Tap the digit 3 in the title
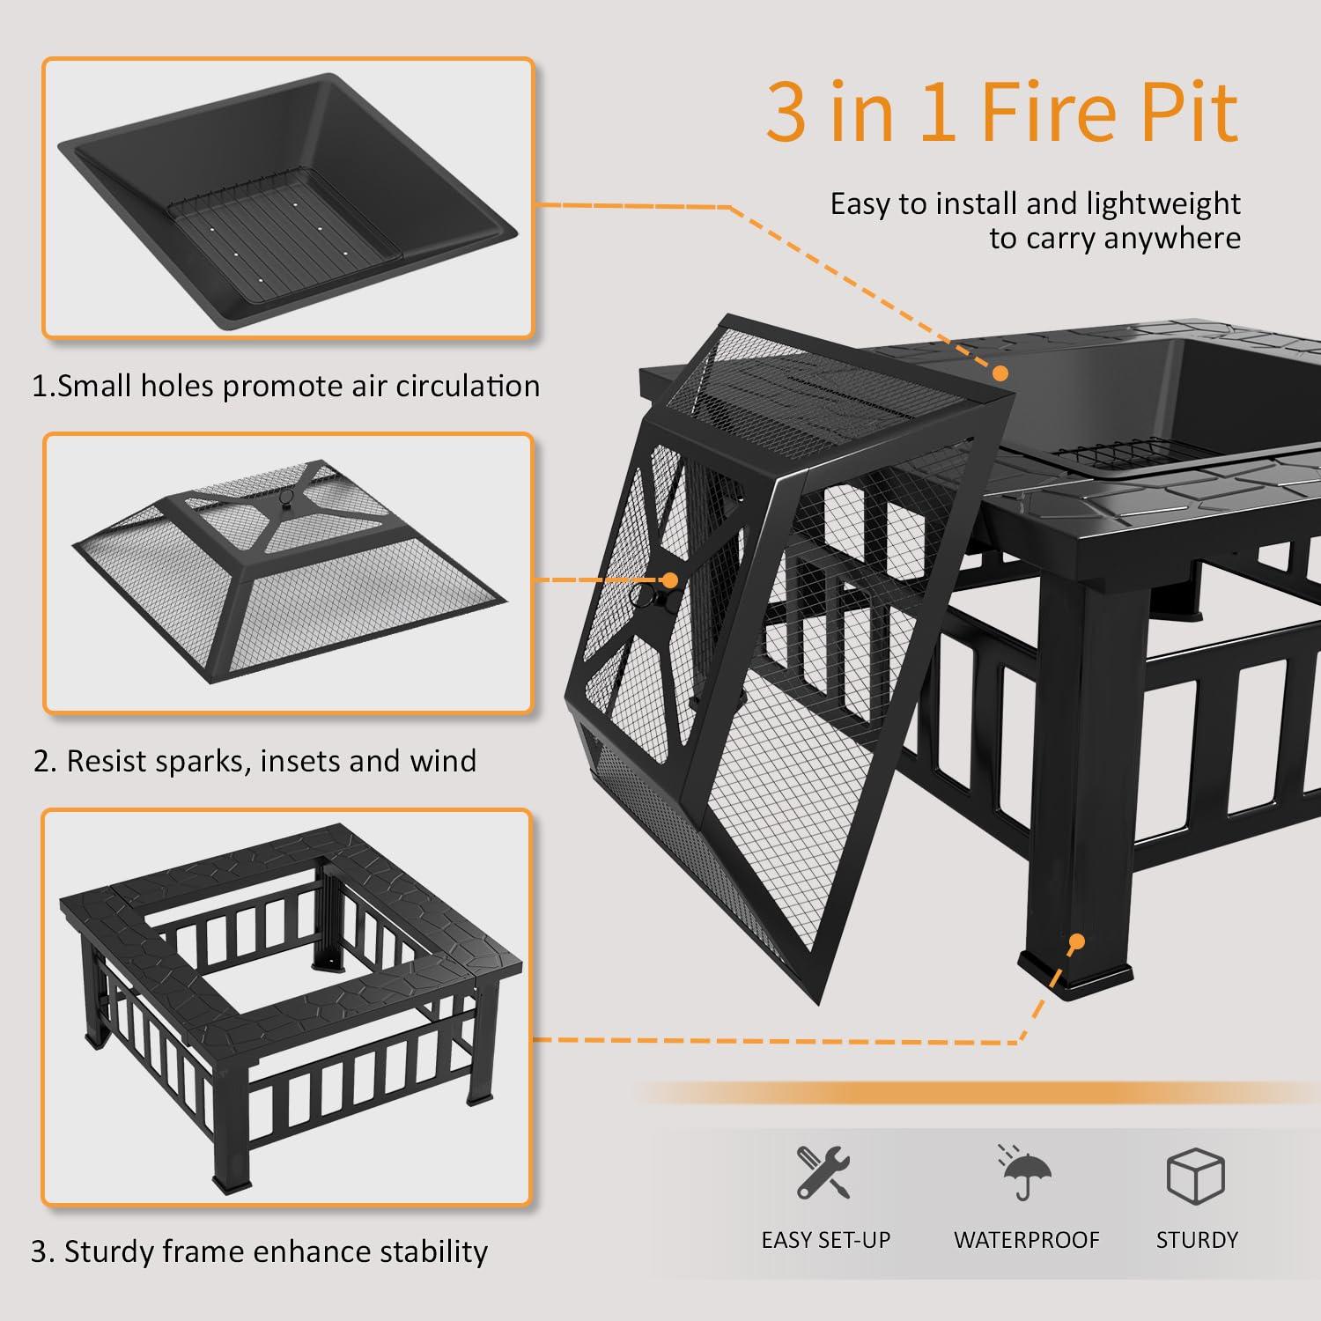786,112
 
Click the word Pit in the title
1188,112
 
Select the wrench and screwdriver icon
823,1172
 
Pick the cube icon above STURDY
1195,1174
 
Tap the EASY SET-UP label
825,1240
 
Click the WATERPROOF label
1026,1240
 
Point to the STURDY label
1197,1240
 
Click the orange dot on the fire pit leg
1075,942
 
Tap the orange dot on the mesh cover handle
670,580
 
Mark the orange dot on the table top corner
1000,373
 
